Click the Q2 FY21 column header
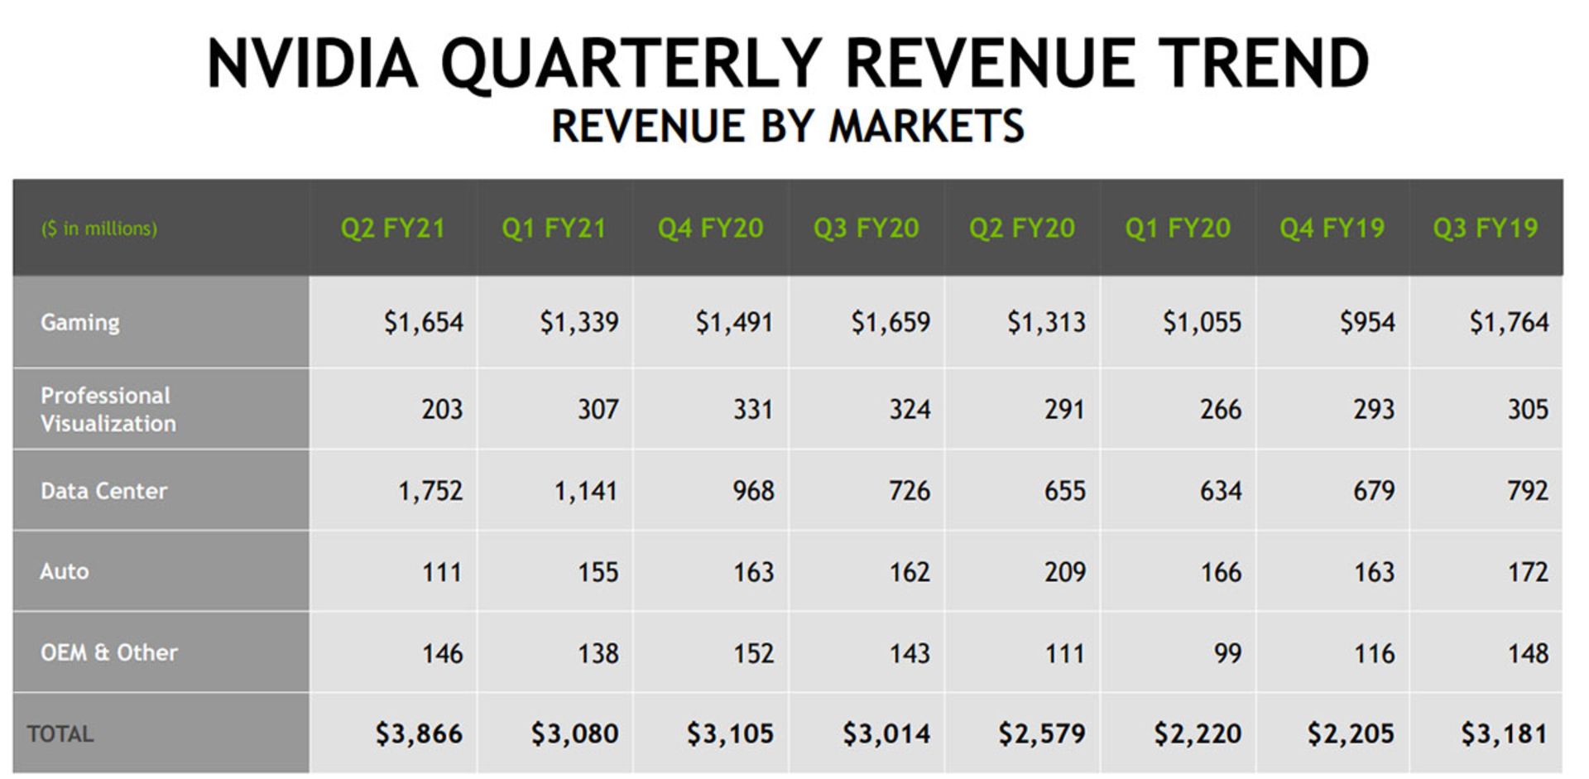pyautogui.click(x=392, y=228)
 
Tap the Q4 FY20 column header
pyautogui.click(x=710, y=228)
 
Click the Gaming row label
pyautogui.click(x=80, y=322)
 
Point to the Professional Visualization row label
pyautogui.click(x=108, y=409)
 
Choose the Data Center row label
pyautogui.click(x=103, y=491)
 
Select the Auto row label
pyautogui.click(x=65, y=571)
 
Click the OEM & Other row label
pyautogui.click(x=108, y=652)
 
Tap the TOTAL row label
pyautogui.click(x=60, y=733)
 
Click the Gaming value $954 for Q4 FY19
pyautogui.click(x=1367, y=322)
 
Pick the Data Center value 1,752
pyautogui.click(x=430, y=491)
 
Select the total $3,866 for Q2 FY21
pyautogui.click(x=419, y=733)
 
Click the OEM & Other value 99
pyautogui.click(x=1227, y=653)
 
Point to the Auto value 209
pyautogui.click(x=1064, y=572)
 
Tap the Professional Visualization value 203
pyautogui.click(x=442, y=409)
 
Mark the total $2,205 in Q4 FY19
pyautogui.click(x=1351, y=733)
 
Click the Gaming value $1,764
pyautogui.click(x=1509, y=322)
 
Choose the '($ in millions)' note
pyautogui.click(x=99, y=228)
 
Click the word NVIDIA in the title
pyautogui.click(x=313, y=64)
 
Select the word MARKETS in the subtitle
pyautogui.click(x=926, y=127)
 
